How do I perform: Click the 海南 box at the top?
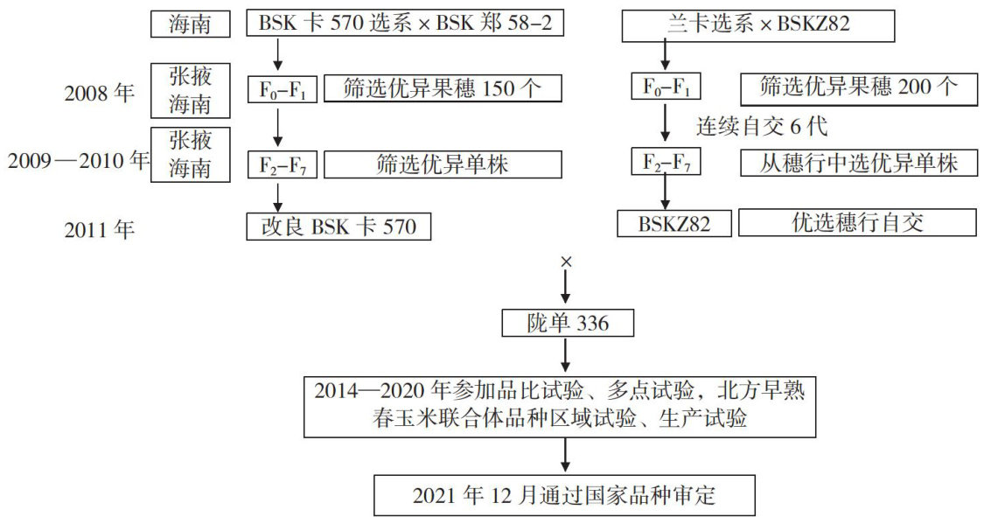tap(190, 24)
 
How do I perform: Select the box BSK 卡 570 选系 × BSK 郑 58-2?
tap(404, 24)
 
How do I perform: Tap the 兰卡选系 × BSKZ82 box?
tap(758, 24)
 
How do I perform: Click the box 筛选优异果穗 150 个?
tap(442, 88)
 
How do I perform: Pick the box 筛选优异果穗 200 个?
tap(859, 87)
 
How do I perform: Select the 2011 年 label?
tap(100, 230)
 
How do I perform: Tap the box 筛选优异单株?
tap(442, 164)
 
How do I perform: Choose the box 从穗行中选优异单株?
tap(859, 163)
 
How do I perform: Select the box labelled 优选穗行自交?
tap(859, 222)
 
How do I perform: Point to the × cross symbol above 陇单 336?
tap(566, 262)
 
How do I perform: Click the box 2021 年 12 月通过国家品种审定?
tap(565, 495)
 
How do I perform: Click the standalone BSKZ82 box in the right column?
tap(674, 223)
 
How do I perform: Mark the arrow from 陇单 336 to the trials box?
tap(566, 354)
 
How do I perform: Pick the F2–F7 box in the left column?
tap(283, 164)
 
